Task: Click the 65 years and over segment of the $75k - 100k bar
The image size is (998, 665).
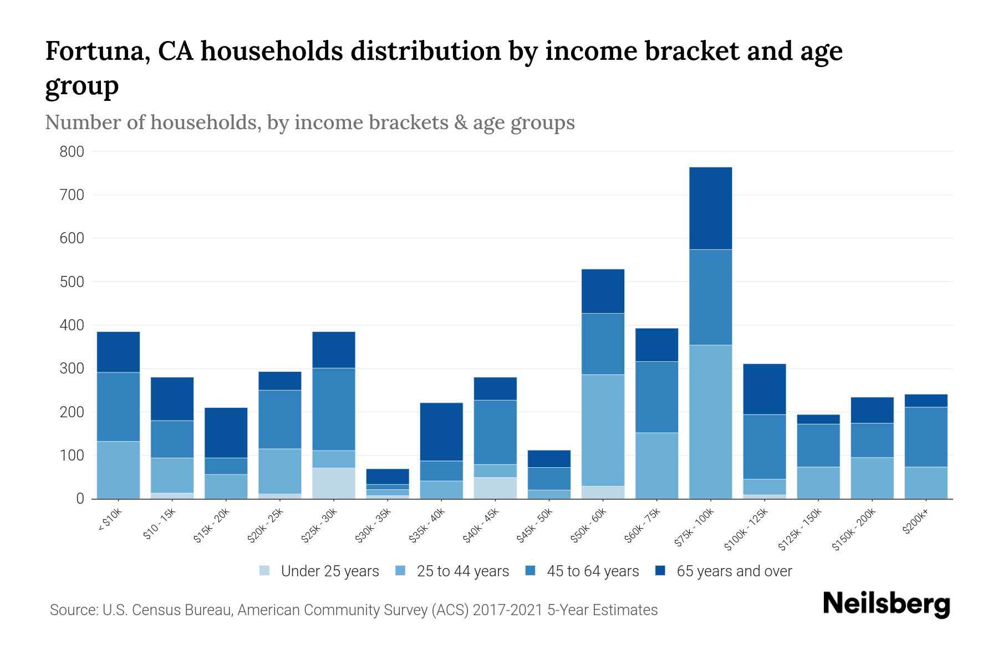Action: [x=710, y=208]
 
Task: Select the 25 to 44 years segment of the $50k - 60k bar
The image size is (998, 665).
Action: [x=603, y=430]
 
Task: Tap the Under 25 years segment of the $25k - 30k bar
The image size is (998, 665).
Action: [x=334, y=483]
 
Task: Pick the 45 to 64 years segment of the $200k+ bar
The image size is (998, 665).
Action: [x=926, y=437]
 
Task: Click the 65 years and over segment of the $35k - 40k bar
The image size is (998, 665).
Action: [x=441, y=432]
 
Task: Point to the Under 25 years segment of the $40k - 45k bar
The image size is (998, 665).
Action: [x=495, y=488]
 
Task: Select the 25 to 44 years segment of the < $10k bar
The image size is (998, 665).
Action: [x=118, y=470]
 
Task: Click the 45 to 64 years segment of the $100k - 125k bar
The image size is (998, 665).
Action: [x=764, y=447]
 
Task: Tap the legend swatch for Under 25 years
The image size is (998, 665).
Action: [x=265, y=571]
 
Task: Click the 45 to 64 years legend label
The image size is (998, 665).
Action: [x=593, y=571]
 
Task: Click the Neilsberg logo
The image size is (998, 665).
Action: [x=886, y=604]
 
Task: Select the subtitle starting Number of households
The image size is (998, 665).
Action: [x=309, y=122]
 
